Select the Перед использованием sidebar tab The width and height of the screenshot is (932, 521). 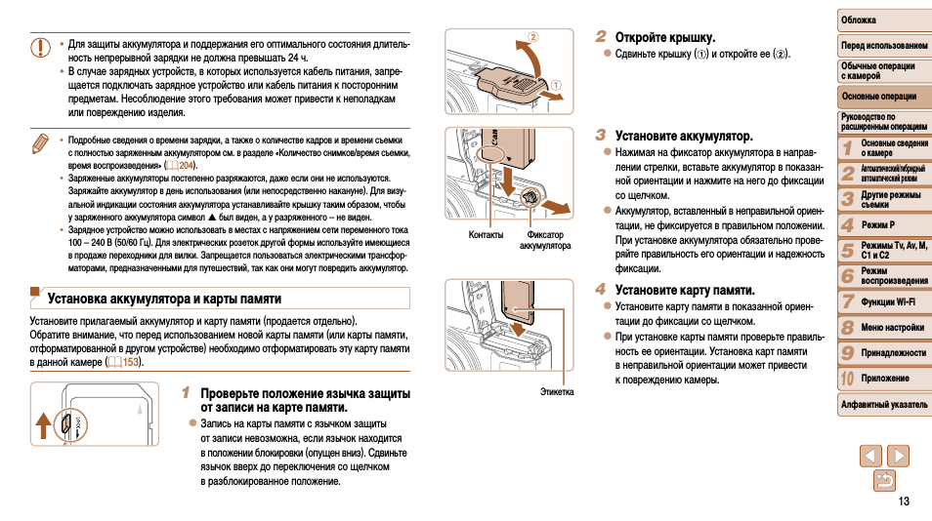883,45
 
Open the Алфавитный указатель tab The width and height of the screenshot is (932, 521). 883,404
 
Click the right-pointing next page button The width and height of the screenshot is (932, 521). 897,455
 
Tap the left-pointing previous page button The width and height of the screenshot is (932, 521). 870,455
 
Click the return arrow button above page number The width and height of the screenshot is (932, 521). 883,480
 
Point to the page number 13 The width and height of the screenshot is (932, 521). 903,501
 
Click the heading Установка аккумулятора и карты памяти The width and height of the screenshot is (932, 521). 164,299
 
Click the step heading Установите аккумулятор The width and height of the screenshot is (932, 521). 683,136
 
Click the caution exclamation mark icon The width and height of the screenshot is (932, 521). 40,47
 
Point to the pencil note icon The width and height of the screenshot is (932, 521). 40,143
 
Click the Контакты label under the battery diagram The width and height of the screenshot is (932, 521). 486,234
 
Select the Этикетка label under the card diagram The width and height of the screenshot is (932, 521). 557,391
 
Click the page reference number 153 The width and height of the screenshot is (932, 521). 130,362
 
